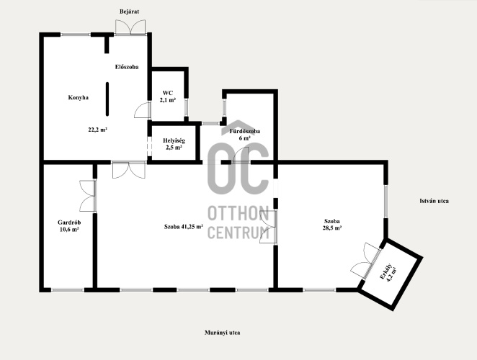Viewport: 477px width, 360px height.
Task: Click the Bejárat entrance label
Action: pos(129,12)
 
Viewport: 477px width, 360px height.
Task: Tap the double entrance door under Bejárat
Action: pos(130,27)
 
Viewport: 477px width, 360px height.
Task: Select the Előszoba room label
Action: pos(127,67)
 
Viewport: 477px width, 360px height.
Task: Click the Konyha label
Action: pos(79,98)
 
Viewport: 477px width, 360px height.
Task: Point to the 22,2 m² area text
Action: pos(97,130)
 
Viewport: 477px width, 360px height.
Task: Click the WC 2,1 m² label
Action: pos(168,96)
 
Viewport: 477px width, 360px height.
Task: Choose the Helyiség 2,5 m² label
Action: pos(174,144)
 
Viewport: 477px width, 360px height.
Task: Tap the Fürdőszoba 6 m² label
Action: pos(244,135)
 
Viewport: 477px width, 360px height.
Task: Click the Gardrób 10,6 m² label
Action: pos(69,226)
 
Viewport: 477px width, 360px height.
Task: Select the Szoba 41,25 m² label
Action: pos(184,227)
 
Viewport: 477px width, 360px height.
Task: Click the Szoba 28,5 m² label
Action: pos(332,225)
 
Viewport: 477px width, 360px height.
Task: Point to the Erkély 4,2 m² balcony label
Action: pos(388,273)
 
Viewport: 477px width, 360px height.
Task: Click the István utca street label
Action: pos(434,201)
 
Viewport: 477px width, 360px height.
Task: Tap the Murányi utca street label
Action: pos(223,333)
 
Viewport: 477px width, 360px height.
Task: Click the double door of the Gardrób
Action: pos(88,196)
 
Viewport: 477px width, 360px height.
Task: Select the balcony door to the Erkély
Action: pos(366,261)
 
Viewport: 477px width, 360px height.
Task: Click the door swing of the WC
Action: pos(143,110)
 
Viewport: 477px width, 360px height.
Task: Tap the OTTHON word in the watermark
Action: pos(239,213)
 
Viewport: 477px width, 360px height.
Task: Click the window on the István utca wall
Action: pos(385,202)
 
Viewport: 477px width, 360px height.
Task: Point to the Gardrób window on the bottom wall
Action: pos(68,290)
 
